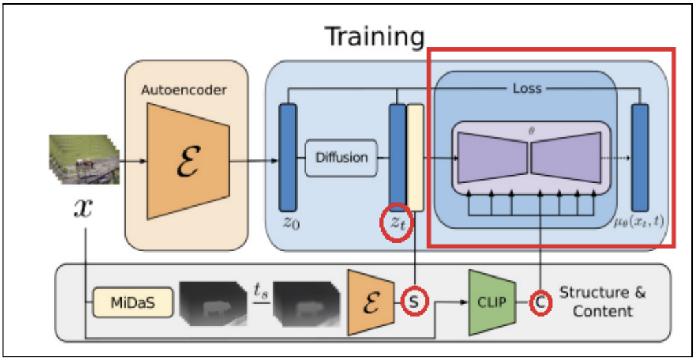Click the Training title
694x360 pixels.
point(374,36)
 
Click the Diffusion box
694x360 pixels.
point(342,157)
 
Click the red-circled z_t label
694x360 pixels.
point(396,222)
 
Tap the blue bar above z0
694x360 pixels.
point(287,157)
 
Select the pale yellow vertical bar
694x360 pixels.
point(415,157)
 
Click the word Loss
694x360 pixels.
point(527,88)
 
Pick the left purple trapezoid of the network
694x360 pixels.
point(493,155)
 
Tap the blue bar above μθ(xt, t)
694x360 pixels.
point(640,157)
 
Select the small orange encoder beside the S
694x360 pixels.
point(370,301)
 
